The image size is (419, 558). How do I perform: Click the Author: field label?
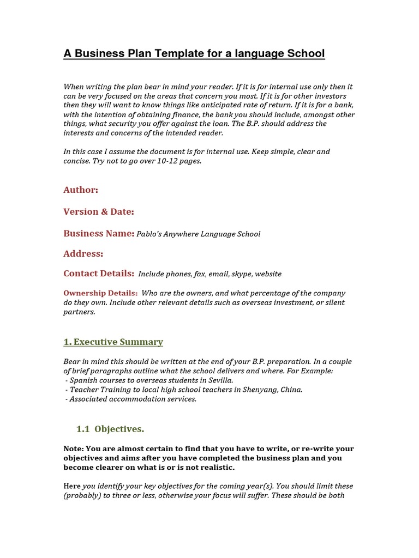(81, 190)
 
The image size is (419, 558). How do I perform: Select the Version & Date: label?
(99, 211)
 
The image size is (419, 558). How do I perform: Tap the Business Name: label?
(99, 233)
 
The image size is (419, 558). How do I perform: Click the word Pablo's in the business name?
(149, 234)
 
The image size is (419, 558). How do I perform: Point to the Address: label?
(83, 253)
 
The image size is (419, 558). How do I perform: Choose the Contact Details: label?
(99, 274)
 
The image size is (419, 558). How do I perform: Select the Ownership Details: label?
(100, 293)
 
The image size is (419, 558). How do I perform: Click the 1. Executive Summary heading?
(113, 342)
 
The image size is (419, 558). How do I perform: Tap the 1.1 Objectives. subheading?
(110, 429)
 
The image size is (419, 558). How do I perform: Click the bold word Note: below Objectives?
(73, 449)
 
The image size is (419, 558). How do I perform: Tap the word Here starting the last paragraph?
(71, 486)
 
